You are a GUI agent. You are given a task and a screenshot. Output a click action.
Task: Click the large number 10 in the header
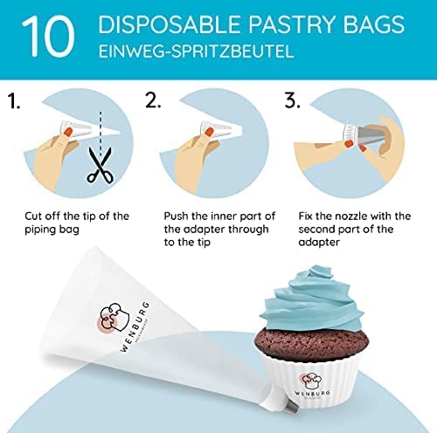(x=48, y=36)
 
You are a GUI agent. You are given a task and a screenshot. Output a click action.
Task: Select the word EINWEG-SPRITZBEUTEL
(x=196, y=52)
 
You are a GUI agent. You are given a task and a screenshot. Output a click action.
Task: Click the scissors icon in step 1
(x=101, y=165)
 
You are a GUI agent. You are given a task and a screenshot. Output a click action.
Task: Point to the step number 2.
(x=153, y=100)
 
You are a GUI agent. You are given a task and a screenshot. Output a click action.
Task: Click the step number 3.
(x=292, y=100)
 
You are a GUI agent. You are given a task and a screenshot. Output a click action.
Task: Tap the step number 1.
(x=13, y=100)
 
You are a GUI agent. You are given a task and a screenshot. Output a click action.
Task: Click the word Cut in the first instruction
(x=34, y=216)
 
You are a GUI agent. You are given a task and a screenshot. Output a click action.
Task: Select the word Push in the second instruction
(x=176, y=216)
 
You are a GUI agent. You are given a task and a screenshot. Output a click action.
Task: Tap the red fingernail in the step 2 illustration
(x=209, y=133)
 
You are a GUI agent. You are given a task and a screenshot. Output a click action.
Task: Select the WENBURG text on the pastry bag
(x=135, y=326)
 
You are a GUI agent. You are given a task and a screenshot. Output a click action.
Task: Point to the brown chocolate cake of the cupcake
(x=312, y=343)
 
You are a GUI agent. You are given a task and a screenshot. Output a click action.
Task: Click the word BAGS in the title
(x=373, y=24)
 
